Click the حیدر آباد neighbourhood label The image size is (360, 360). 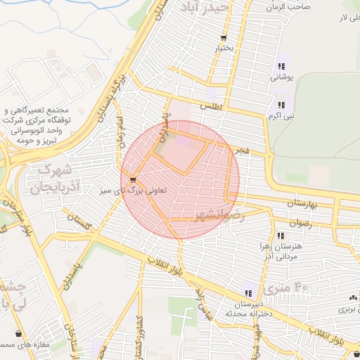[204, 8]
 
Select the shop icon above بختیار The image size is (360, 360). [224, 39]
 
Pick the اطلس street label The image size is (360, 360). [211, 106]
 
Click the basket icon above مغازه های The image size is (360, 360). [17, 334]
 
